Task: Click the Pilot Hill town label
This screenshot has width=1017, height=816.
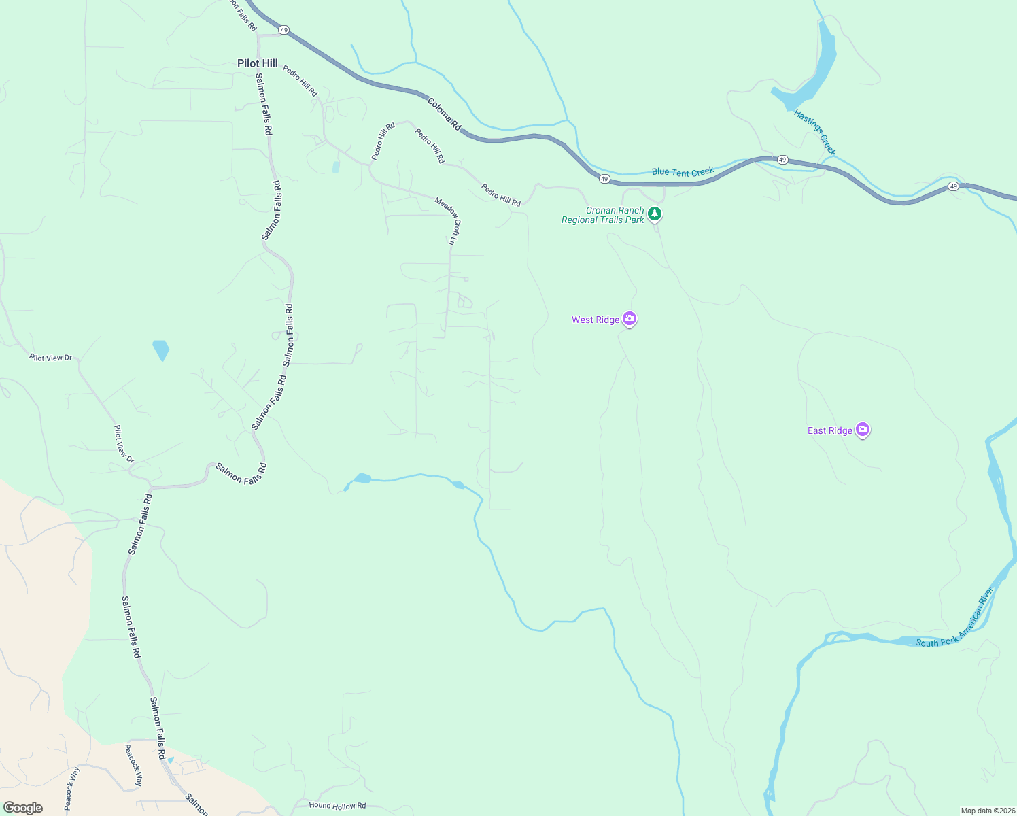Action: pos(257,63)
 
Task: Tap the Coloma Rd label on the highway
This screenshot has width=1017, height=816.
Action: pos(445,114)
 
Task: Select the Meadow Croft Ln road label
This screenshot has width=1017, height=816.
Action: pos(448,220)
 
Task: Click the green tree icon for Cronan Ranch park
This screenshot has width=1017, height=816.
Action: pos(655,214)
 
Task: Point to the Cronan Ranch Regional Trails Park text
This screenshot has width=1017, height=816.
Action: pos(603,215)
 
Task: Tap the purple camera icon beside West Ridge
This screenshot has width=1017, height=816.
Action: pos(630,318)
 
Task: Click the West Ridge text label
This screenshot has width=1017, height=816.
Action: pos(596,320)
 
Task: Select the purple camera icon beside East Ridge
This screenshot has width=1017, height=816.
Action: pos(863,429)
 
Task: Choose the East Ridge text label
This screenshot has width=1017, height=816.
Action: pos(829,430)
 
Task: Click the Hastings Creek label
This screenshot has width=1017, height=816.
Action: pos(814,132)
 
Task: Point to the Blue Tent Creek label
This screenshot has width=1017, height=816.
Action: pos(683,172)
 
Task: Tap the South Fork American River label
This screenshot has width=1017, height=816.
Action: pos(955,618)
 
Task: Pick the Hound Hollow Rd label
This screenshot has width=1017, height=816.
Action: pos(337,806)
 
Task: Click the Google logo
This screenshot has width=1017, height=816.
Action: pos(23,808)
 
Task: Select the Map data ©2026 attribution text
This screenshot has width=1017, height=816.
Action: pos(987,811)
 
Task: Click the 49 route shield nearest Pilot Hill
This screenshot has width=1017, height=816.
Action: pos(283,30)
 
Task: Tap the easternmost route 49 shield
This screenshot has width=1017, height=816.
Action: pos(953,186)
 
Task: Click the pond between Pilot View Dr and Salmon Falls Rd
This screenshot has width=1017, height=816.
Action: pos(161,350)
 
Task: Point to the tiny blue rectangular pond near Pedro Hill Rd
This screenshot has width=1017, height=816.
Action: pos(336,167)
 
